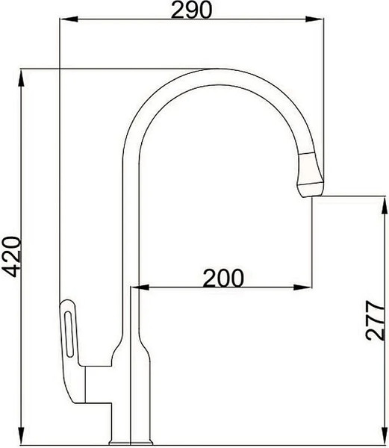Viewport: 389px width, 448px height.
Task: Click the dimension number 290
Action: tap(191, 10)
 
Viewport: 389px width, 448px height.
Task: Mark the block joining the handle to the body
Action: tap(100, 382)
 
